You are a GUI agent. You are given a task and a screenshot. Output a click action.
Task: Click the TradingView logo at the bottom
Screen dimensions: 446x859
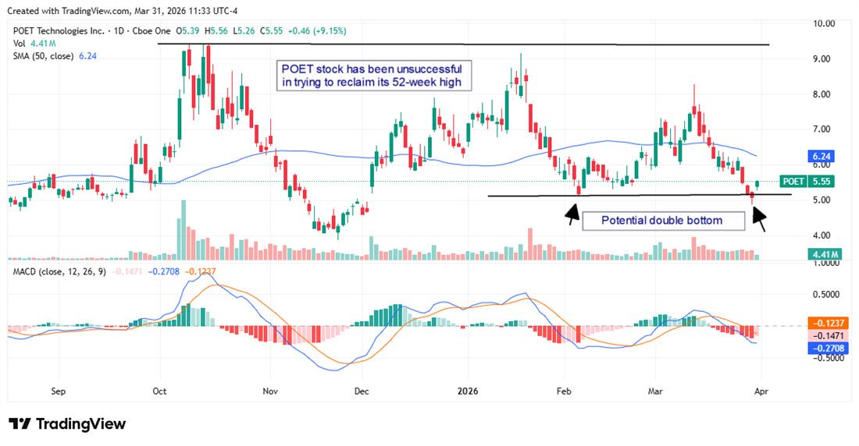point(67,424)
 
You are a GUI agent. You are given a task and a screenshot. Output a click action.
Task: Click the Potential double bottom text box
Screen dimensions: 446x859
point(661,221)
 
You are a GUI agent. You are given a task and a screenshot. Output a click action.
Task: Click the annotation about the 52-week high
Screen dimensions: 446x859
point(376,76)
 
